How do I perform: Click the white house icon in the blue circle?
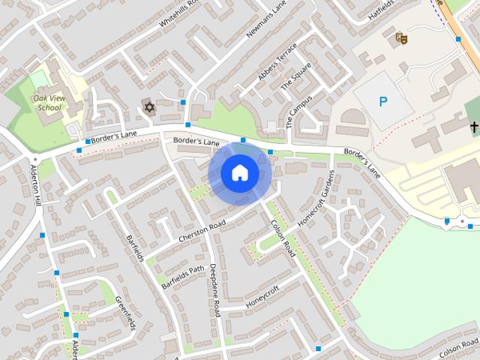click(239, 173)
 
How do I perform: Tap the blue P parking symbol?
click(383, 101)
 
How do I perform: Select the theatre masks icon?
click(401, 35)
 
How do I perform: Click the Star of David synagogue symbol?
click(148, 107)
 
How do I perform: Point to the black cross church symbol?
click(474, 128)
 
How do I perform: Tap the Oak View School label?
click(47, 103)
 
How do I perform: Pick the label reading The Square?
click(295, 77)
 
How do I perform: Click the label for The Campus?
click(299, 112)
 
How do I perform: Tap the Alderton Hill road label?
click(36, 184)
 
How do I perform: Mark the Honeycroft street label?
click(262, 297)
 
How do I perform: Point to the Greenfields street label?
click(124, 313)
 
